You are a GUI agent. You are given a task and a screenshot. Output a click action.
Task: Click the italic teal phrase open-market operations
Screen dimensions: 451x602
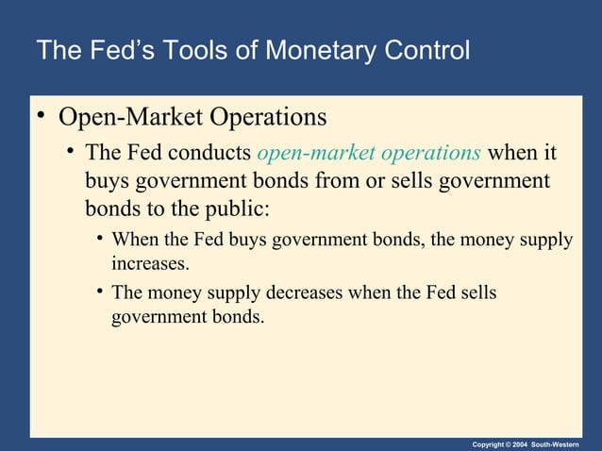pos(369,152)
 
